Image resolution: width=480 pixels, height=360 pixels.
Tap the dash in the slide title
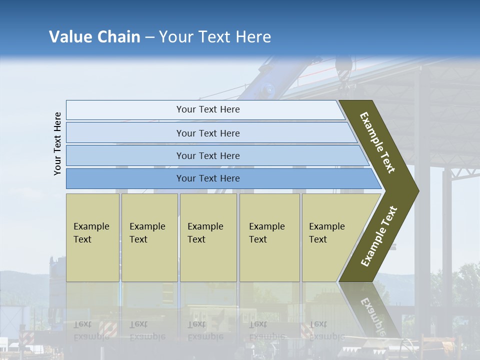(149, 37)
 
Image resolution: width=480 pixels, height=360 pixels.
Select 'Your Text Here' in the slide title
(215, 37)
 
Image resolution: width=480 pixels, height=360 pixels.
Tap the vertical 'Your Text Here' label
(57, 143)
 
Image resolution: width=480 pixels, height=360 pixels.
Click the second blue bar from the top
(208, 133)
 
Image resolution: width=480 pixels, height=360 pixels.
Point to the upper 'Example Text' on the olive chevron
(377, 142)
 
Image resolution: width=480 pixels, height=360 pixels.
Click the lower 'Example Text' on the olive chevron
(379, 236)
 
